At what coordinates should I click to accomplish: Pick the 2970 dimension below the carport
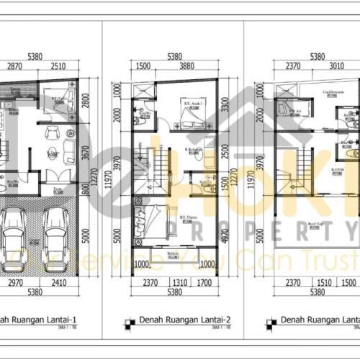tap(17, 283)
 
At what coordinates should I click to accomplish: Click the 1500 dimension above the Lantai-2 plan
tap(142, 66)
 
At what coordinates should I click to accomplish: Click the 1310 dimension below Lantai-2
tap(177, 283)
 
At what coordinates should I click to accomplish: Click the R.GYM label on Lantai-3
tap(336, 170)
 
